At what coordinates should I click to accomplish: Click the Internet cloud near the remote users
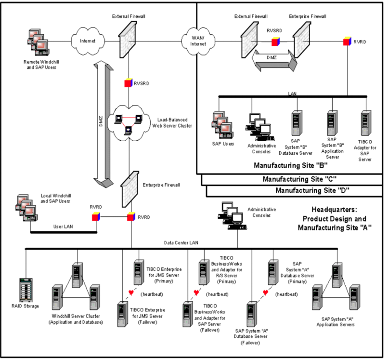point(87,40)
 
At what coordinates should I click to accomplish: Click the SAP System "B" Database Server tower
point(296,122)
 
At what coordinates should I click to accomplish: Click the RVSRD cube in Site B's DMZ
point(274,42)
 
